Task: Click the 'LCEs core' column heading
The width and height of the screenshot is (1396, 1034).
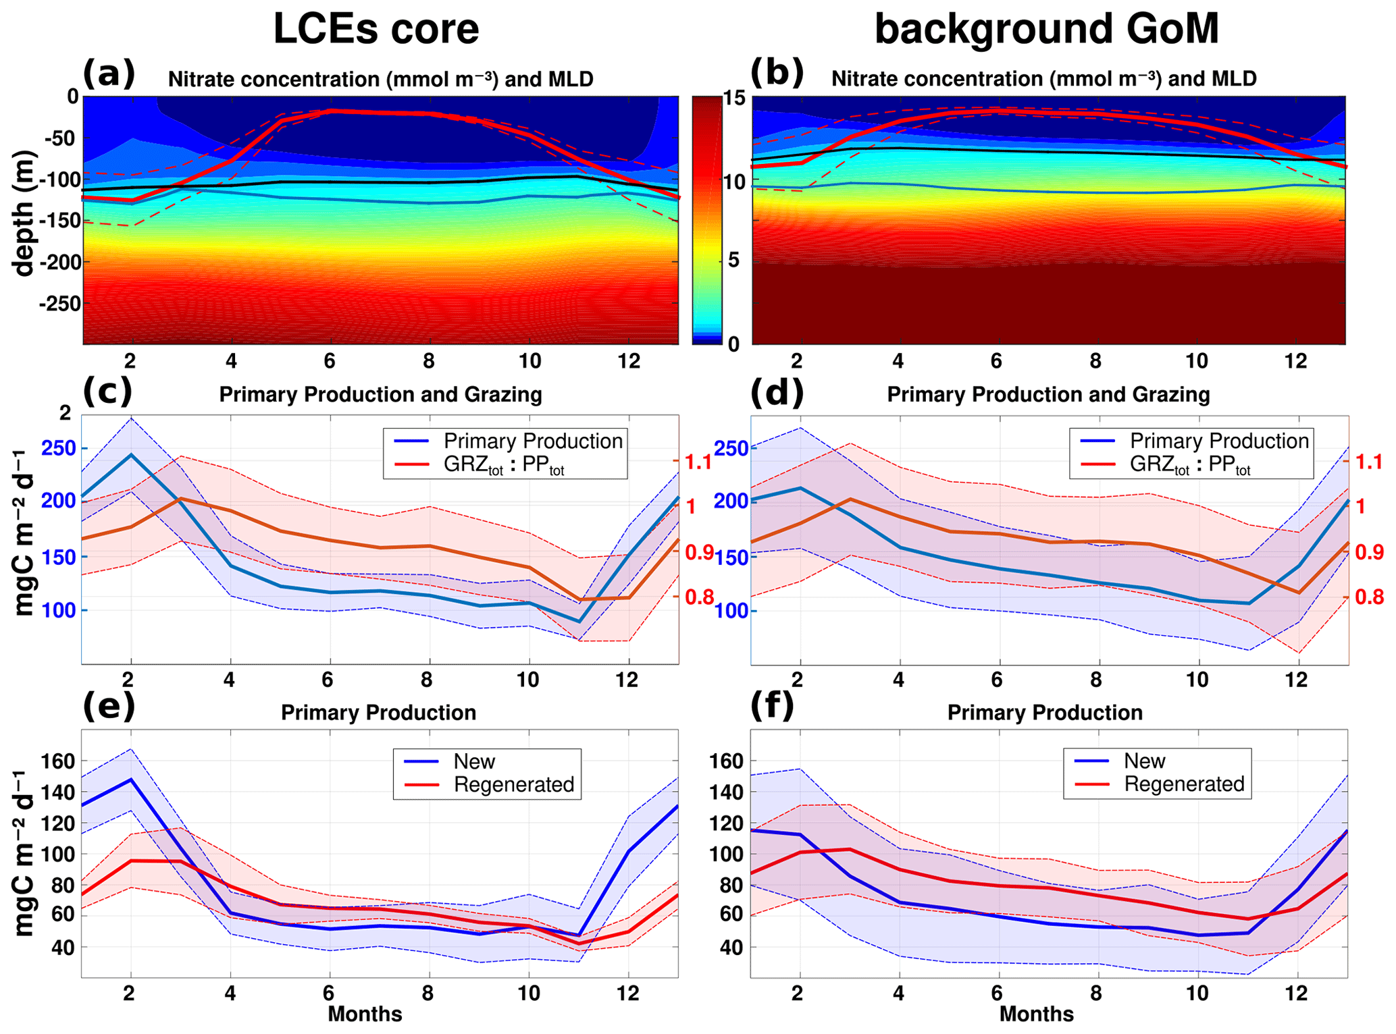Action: [376, 29]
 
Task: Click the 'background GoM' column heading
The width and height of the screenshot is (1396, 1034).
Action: [1046, 29]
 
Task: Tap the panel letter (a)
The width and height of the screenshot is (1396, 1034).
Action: [108, 73]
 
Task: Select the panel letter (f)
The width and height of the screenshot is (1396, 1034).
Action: [776, 706]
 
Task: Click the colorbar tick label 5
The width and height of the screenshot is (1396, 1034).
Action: [733, 261]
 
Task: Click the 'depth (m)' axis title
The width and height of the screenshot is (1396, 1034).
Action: [24, 213]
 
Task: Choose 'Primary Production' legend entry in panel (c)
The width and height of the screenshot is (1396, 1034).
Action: [532, 441]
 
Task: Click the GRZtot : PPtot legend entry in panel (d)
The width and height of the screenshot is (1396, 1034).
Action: [1189, 465]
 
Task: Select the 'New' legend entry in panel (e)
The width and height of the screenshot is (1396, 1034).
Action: [474, 761]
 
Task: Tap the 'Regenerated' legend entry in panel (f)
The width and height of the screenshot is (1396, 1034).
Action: [1183, 784]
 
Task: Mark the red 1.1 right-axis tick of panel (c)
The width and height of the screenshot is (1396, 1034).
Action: [698, 462]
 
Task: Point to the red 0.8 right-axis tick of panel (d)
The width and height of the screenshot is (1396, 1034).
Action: [1369, 597]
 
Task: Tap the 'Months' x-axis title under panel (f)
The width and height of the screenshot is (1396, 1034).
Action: [1036, 1014]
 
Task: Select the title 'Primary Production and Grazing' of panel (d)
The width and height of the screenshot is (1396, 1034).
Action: [1048, 395]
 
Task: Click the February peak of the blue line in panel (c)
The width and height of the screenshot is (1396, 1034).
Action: [131, 455]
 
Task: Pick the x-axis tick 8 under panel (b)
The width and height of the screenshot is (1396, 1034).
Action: [1095, 361]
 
